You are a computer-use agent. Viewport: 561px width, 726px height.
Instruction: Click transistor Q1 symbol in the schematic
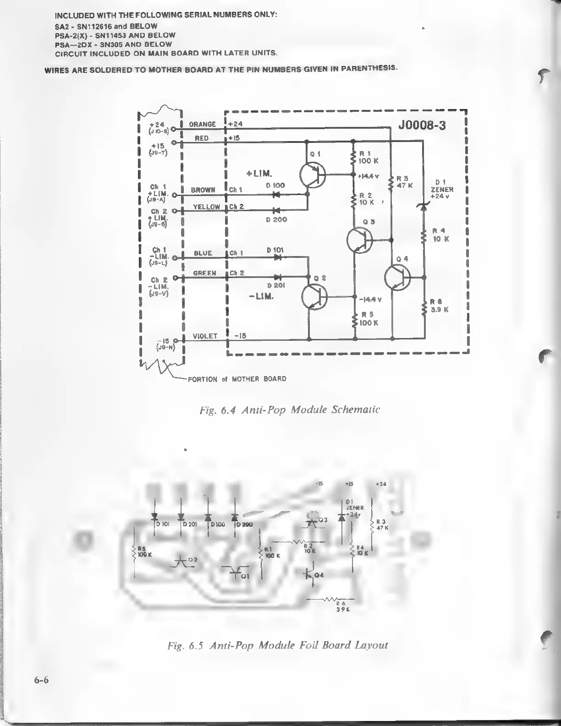(x=312, y=175)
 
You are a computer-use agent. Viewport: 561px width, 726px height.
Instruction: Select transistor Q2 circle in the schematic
(x=314, y=296)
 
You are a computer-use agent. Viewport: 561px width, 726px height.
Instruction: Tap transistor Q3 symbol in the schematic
(x=359, y=240)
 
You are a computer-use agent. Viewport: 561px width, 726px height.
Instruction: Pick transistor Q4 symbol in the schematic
(x=397, y=278)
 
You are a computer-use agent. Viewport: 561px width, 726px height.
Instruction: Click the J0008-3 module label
(x=422, y=126)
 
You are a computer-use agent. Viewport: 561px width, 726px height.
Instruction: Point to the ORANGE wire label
(x=202, y=124)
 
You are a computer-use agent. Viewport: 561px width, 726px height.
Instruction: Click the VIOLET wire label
(x=205, y=336)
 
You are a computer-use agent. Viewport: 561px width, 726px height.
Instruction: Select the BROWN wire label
(x=203, y=190)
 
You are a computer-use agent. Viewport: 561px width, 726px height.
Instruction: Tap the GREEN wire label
(x=204, y=273)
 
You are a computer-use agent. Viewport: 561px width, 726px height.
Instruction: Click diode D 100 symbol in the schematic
(x=276, y=194)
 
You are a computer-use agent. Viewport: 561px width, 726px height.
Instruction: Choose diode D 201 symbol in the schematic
(x=277, y=277)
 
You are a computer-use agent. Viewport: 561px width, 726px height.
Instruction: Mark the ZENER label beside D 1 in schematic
(x=442, y=189)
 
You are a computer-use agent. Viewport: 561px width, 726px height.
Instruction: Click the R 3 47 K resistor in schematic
(x=391, y=183)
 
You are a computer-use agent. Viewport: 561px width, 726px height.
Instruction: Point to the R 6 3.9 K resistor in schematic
(x=424, y=309)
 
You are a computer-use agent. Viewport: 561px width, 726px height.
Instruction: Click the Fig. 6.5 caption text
(x=278, y=645)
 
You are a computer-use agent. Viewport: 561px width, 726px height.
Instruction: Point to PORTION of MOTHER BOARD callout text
(x=237, y=379)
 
